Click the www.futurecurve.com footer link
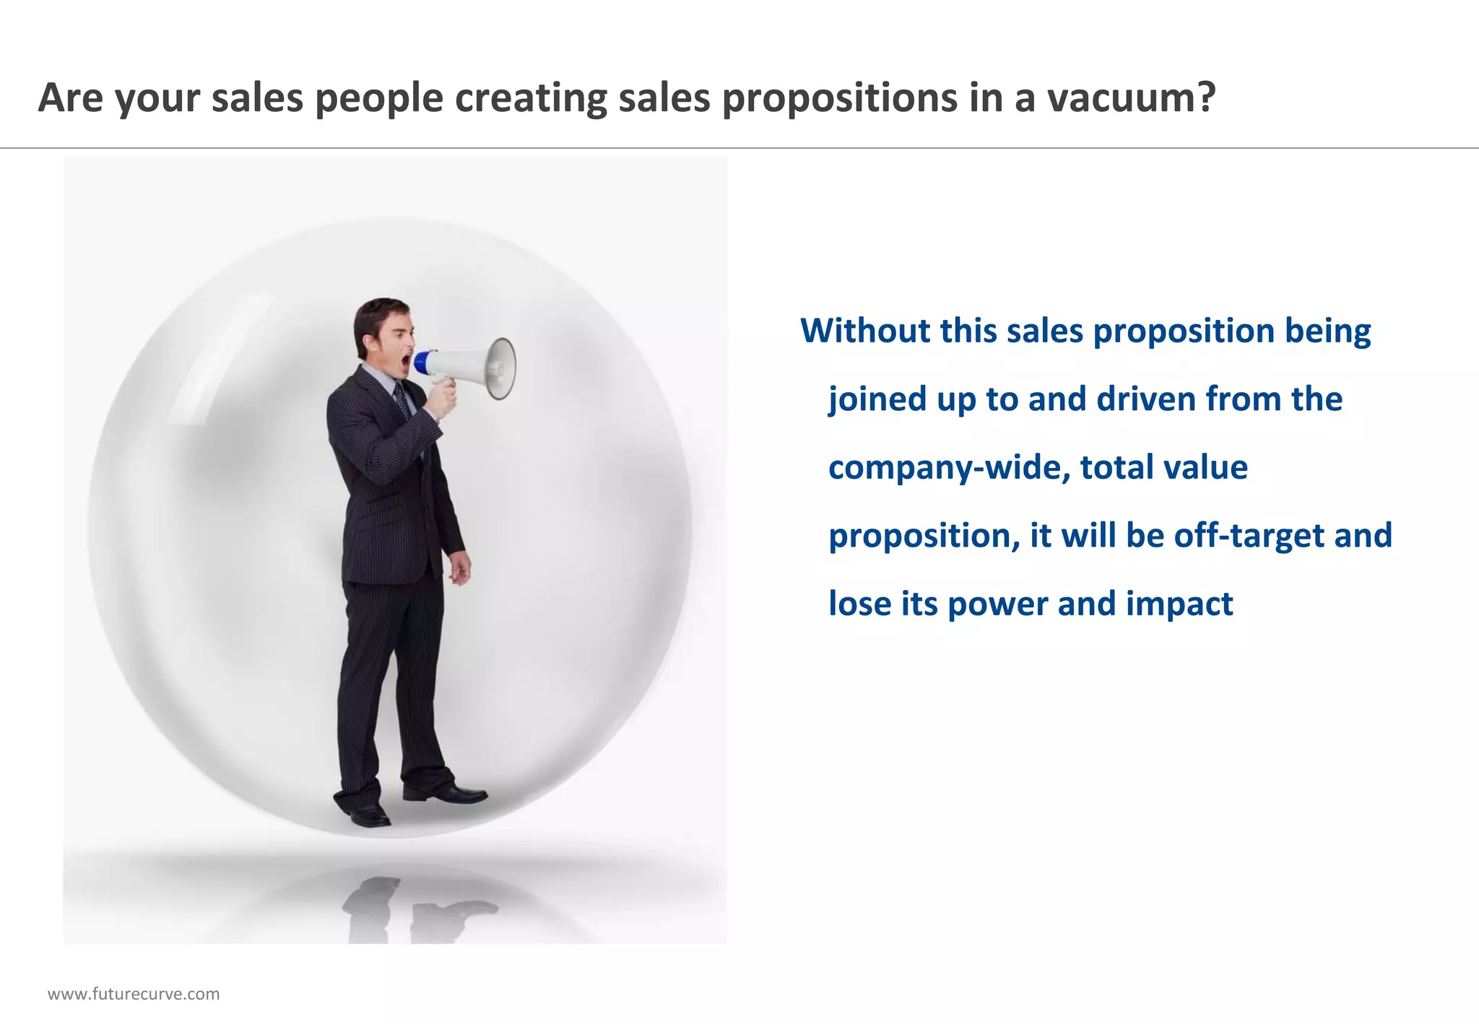(134, 994)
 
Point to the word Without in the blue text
(865, 331)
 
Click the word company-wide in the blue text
(948, 467)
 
